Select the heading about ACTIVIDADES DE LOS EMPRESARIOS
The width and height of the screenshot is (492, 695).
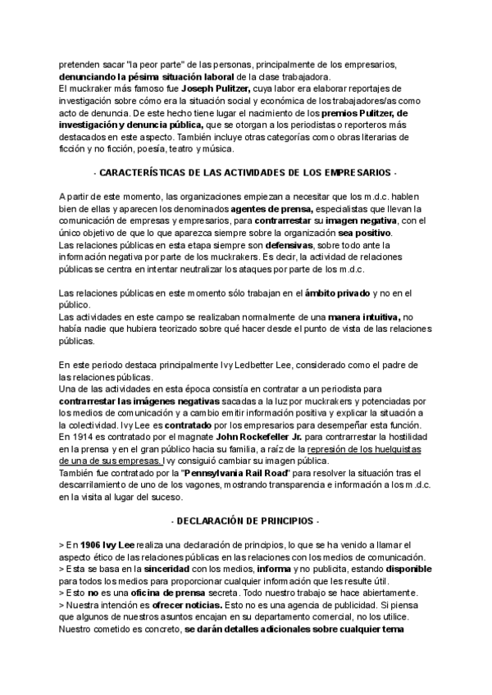(x=245, y=173)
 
